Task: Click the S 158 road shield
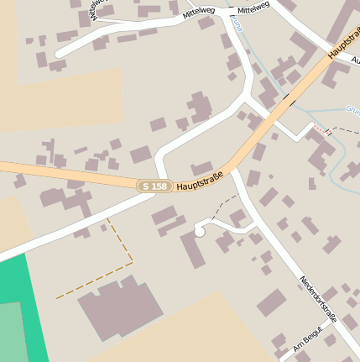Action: pos(154,186)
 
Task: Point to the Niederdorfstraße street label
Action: pos(318,298)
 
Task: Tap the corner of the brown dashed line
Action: pos(133,263)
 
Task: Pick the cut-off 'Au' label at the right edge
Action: pos(354,60)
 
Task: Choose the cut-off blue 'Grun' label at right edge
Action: pos(352,108)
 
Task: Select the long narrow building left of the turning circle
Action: pos(192,249)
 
